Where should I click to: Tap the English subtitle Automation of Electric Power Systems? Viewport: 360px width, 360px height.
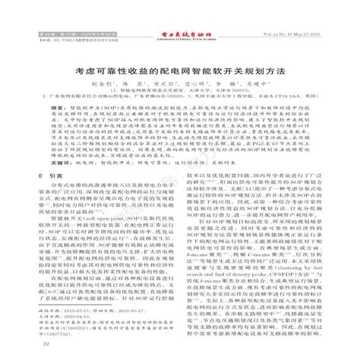pyautogui.click(x=180, y=16)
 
